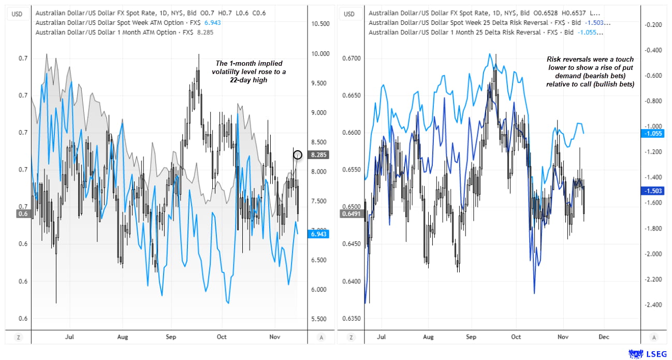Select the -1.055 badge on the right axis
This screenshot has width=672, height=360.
(x=652, y=133)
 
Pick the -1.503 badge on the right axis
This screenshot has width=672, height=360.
(x=652, y=191)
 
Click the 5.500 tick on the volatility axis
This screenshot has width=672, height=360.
(x=319, y=319)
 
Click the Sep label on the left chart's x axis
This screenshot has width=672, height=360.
(x=171, y=337)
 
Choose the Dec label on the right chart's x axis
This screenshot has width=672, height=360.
(x=603, y=337)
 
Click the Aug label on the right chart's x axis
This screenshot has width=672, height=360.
(x=428, y=337)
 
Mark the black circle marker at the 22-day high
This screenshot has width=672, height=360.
(x=298, y=154)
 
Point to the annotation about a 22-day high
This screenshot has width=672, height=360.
(x=250, y=71)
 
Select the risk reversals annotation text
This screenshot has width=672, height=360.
(x=590, y=71)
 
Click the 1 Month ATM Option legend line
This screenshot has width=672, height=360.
(x=124, y=32)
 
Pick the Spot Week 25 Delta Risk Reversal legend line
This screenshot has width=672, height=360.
(x=489, y=23)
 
